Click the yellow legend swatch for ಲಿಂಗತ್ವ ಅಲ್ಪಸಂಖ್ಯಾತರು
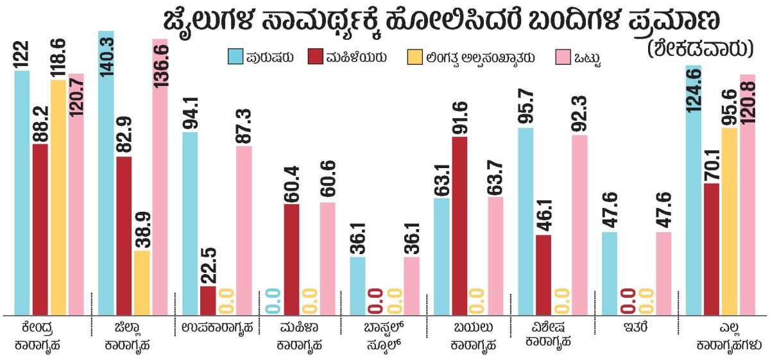415,56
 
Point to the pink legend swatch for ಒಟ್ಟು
560,56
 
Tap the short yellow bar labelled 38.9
142,282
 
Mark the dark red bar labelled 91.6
459,225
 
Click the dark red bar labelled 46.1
543,275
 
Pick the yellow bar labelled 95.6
730,221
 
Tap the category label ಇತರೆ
630,328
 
